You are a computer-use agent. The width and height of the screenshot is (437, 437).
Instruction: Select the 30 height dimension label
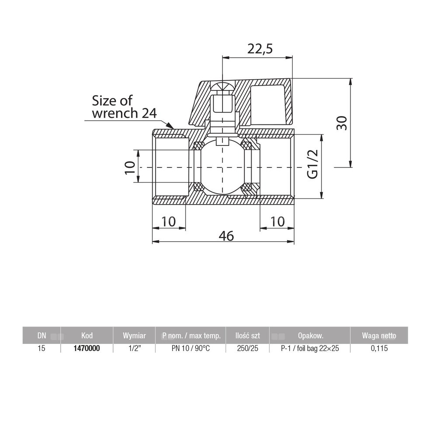(x=342, y=123)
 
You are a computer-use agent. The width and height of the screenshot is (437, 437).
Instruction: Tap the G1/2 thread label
(x=312, y=164)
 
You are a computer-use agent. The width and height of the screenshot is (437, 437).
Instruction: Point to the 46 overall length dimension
(x=226, y=236)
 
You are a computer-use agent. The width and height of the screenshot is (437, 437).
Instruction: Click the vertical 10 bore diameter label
(x=130, y=167)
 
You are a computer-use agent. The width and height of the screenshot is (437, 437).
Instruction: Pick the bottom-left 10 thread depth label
(x=168, y=222)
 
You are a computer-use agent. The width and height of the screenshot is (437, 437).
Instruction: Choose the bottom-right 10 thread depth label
(x=277, y=222)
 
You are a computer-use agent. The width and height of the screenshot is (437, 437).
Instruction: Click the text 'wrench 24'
(x=124, y=113)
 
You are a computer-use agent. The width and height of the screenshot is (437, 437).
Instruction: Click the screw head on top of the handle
(x=222, y=87)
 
